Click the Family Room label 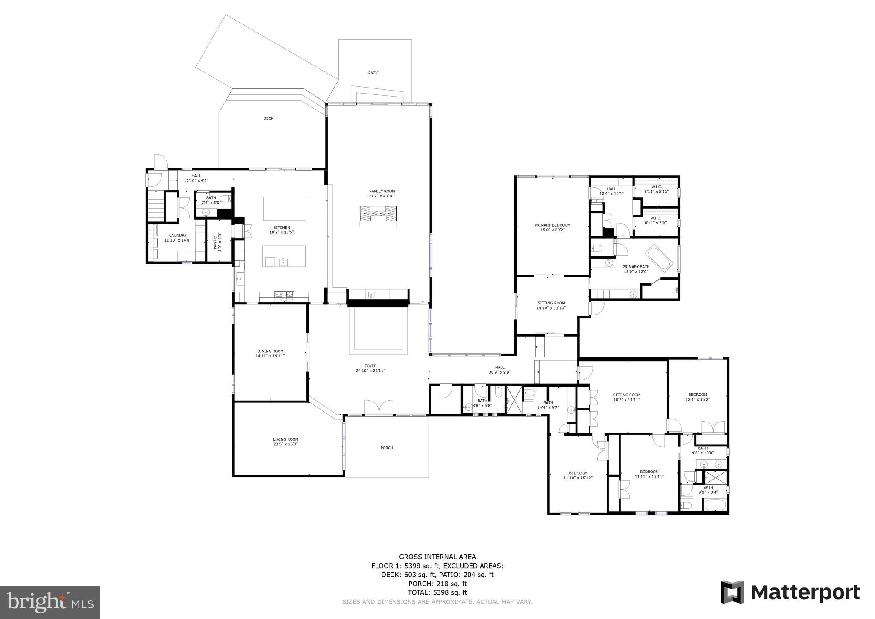(x=382, y=192)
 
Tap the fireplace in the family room (x=378, y=216)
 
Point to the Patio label (x=373, y=73)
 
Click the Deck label (x=268, y=118)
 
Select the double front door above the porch (x=379, y=407)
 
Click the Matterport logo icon (x=732, y=592)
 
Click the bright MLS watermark (x=50, y=602)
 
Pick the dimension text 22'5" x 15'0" (x=285, y=444)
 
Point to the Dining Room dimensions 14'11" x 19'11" (x=270, y=356)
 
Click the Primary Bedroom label (x=552, y=225)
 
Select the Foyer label (x=370, y=366)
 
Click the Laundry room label (x=178, y=235)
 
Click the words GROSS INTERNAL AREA (x=437, y=557)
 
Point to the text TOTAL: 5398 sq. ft (x=437, y=592)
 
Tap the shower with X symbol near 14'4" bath (x=514, y=400)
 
